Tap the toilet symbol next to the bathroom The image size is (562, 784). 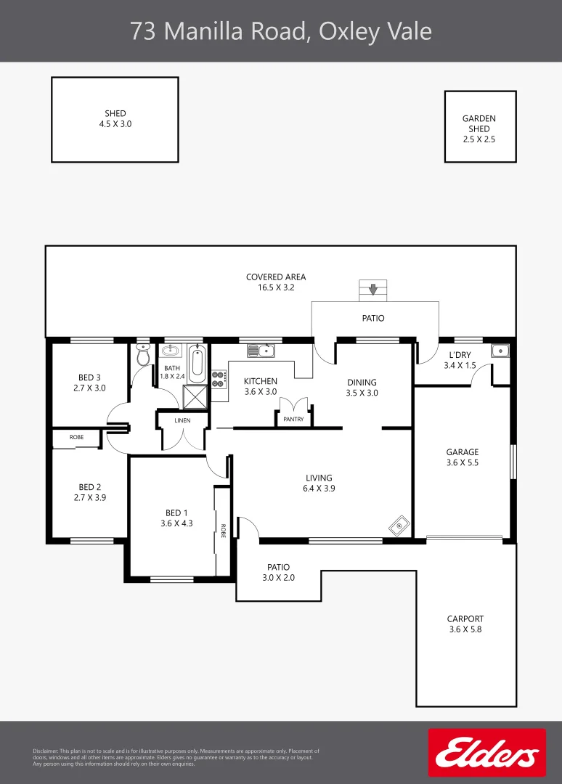point(143,356)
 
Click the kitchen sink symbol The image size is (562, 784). point(261,351)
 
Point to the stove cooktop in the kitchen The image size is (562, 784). point(218,378)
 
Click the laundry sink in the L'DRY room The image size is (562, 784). point(500,351)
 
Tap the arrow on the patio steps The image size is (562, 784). point(373,290)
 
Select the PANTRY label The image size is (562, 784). point(293,419)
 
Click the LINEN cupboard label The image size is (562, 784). point(182,420)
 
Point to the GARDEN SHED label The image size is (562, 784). point(479,123)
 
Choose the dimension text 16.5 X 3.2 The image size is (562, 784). point(275,287)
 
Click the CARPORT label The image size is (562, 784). point(465,619)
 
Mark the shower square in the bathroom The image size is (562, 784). point(195,397)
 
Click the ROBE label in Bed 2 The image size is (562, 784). point(76,438)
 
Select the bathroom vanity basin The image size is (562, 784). point(171,351)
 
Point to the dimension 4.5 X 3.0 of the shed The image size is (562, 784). point(115,124)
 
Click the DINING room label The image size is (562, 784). point(362,383)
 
